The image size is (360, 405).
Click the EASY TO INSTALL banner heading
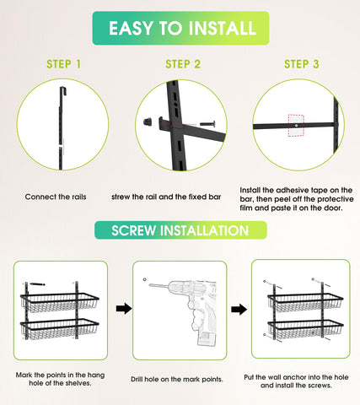point(180,28)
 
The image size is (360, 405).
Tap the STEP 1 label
point(64,64)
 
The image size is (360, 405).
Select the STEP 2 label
point(183,64)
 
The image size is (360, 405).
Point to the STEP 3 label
point(302,64)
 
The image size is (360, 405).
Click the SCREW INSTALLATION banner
point(180,230)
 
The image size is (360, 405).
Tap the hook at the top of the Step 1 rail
point(63,90)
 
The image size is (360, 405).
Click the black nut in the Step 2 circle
point(148,122)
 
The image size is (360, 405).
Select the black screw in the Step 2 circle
point(207,123)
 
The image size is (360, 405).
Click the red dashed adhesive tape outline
point(296,126)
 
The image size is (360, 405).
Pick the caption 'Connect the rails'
point(56,197)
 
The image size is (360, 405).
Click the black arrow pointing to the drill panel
point(124,309)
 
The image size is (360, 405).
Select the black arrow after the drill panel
point(239,310)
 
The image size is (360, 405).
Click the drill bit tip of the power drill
point(149,285)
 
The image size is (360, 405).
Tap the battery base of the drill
point(207,338)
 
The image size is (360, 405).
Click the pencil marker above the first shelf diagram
point(37,284)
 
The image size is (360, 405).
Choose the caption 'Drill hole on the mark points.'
point(177,379)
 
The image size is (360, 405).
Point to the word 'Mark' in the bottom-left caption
point(24,375)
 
